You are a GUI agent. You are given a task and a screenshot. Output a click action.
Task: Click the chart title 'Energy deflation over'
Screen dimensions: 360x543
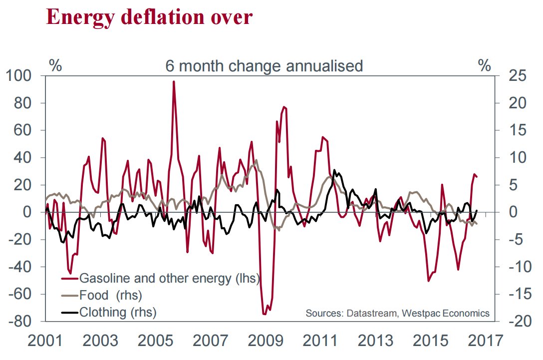click(x=149, y=17)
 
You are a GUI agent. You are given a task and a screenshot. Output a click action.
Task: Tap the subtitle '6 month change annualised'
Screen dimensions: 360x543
click(x=264, y=66)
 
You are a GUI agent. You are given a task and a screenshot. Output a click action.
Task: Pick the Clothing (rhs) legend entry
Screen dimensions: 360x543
click(x=118, y=313)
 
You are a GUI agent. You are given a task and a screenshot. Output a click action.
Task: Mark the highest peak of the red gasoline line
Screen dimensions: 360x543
click(x=174, y=82)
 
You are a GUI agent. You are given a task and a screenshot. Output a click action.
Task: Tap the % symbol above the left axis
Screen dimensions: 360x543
click(x=55, y=65)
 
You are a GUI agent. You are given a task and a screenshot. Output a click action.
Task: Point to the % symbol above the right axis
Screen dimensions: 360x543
click(x=484, y=65)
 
